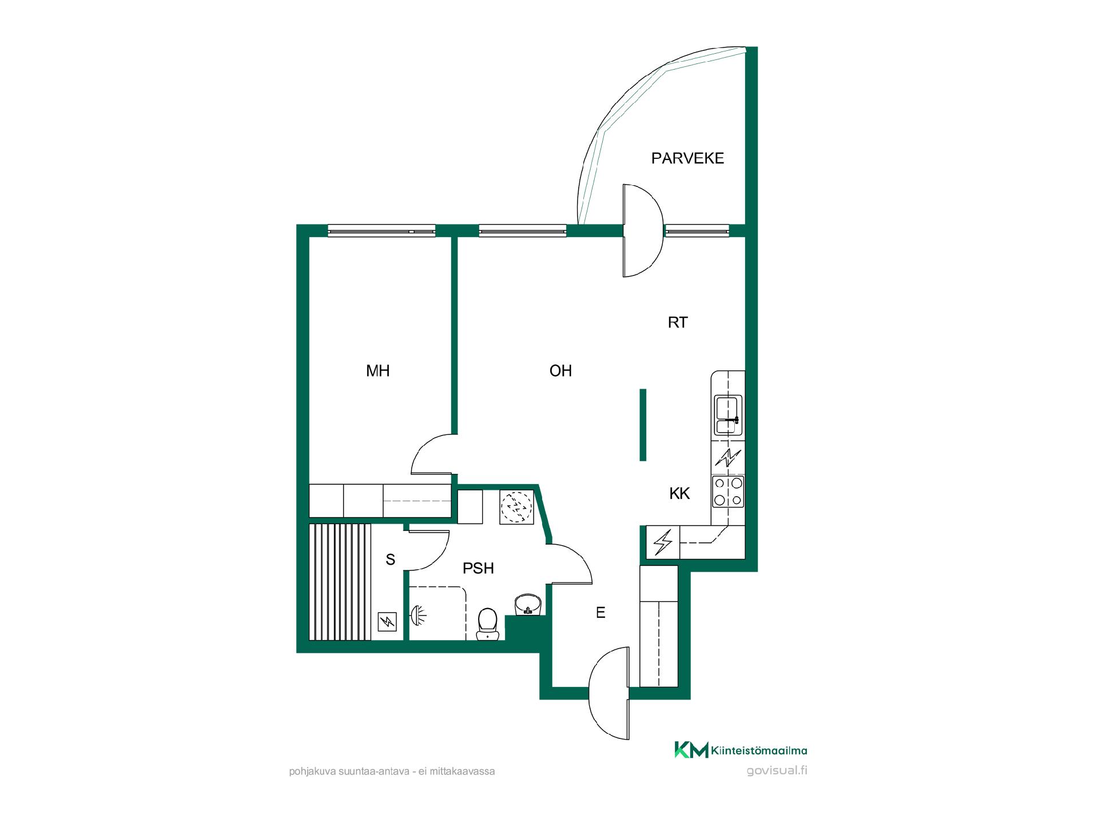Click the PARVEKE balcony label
tap(687, 158)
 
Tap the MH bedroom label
tap(378, 371)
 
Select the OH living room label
tap(560, 371)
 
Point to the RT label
tap(678, 322)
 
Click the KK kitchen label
tap(680, 493)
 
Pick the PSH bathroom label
tap(478, 568)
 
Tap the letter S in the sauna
tap(391, 560)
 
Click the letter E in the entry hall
tap(600, 613)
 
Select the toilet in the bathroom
tap(487, 624)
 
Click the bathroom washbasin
tap(527, 605)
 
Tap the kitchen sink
tap(728, 415)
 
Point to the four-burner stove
tap(728, 492)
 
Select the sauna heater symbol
tap(387, 621)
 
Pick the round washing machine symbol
tap(516, 506)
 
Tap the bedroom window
tap(381, 230)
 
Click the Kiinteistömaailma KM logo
tap(741, 750)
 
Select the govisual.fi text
tap(777, 770)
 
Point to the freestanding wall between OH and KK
tap(643, 425)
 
